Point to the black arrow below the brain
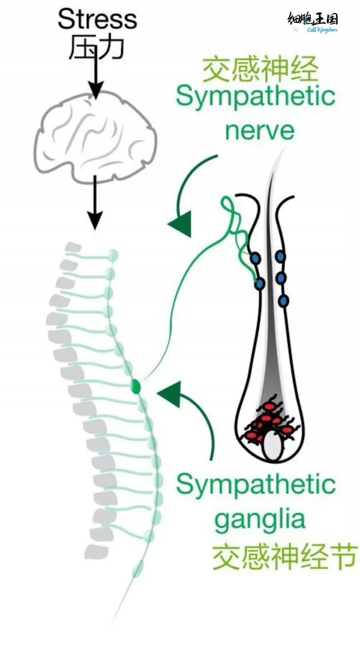(94, 204)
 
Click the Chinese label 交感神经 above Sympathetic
(259, 70)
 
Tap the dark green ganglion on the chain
(137, 386)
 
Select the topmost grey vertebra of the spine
(73, 248)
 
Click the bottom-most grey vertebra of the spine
(96, 551)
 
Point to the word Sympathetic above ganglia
(256, 485)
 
